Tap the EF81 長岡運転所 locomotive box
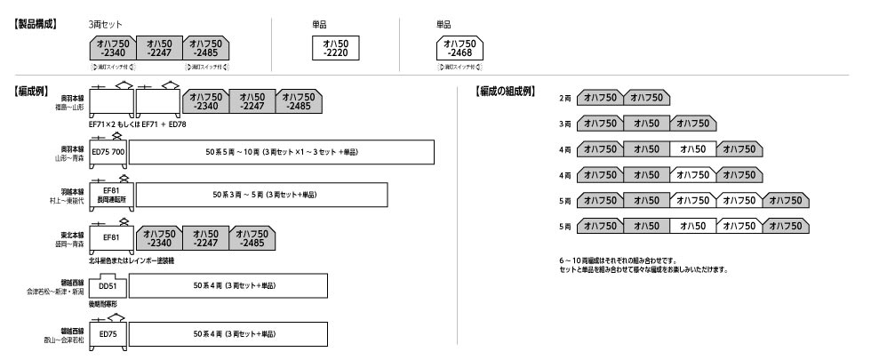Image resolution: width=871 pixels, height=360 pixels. pyautogui.click(x=111, y=194)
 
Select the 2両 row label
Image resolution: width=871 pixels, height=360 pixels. pyautogui.click(x=564, y=97)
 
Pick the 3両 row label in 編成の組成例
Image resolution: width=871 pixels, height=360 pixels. pyautogui.click(x=564, y=124)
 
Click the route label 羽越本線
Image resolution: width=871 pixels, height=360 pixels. pyautogui.click(x=68, y=188)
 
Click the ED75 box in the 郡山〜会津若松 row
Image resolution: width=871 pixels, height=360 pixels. pyautogui.click(x=108, y=333)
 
